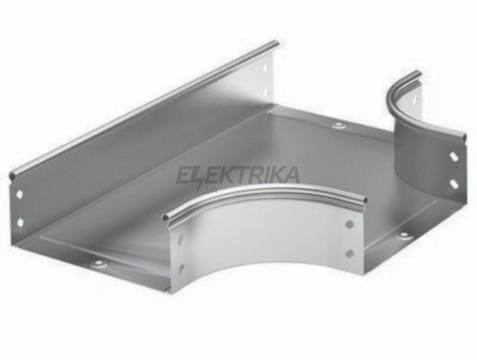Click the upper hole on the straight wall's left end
pos(20,193)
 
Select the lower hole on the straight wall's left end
pos(20,222)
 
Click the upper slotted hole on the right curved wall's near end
pos(453,156)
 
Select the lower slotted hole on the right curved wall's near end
pos(454,183)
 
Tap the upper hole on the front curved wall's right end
pos(350,224)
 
